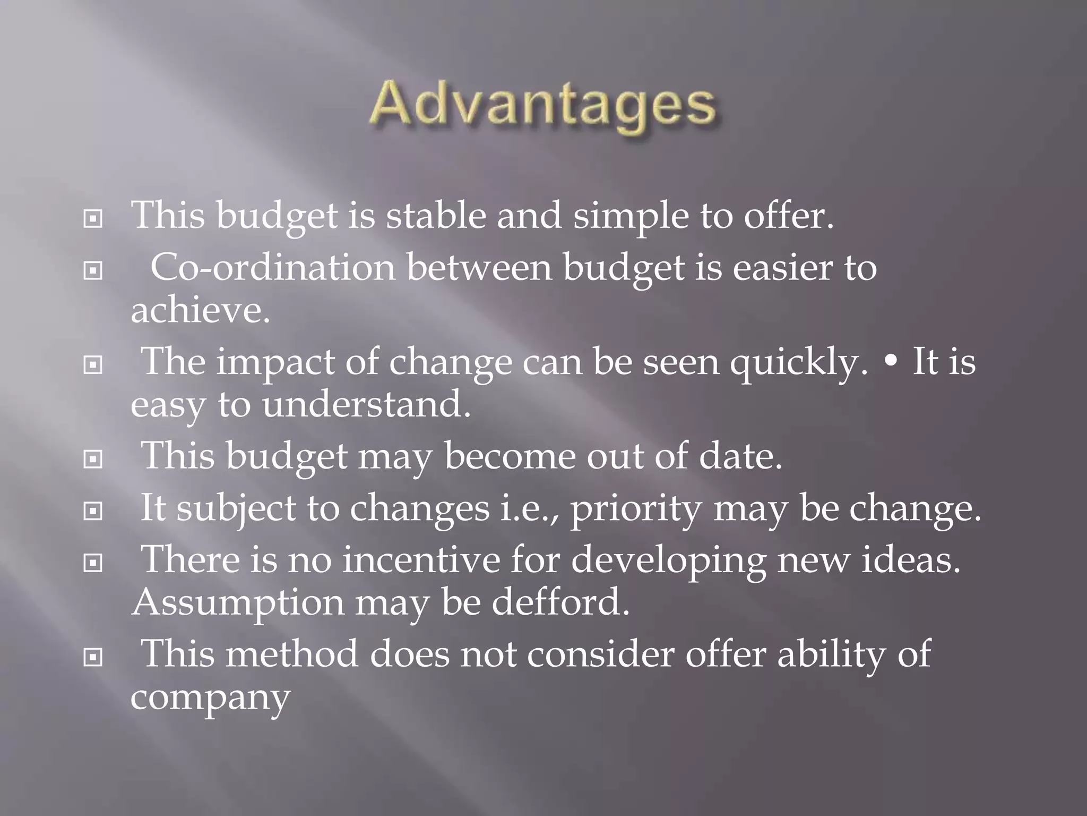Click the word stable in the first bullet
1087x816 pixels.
(x=435, y=216)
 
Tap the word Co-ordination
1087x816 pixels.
(x=273, y=267)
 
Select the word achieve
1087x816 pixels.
(x=200, y=310)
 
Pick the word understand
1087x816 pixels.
(x=366, y=405)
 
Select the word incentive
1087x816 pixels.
(x=421, y=560)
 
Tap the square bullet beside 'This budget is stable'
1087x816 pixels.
(x=93, y=219)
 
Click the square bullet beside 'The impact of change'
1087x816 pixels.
(x=93, y=365)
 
